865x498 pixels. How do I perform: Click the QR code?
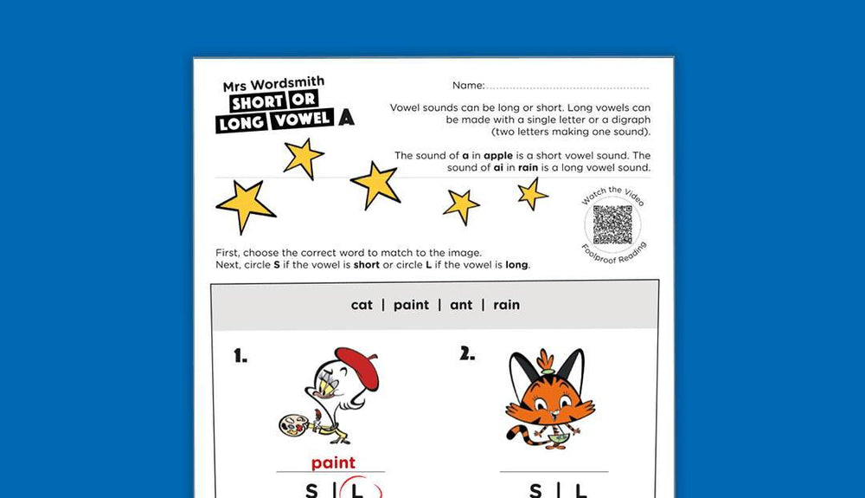pos(612,224)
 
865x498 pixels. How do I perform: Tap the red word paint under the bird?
pos(333,463)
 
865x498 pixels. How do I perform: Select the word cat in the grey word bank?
pos(362,305)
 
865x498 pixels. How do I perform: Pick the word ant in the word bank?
pos(461,305)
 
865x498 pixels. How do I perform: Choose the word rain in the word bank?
pos(506,305)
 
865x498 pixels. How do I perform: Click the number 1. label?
pos(240,355)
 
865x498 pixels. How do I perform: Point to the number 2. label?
pos(467,352)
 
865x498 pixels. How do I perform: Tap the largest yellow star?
pos(246,205)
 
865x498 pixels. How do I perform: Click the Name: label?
pos(466,86)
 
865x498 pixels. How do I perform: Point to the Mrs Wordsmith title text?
pos(273,85)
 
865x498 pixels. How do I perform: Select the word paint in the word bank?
pos(411,305)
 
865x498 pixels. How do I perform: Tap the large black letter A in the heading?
pos(347,119)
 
